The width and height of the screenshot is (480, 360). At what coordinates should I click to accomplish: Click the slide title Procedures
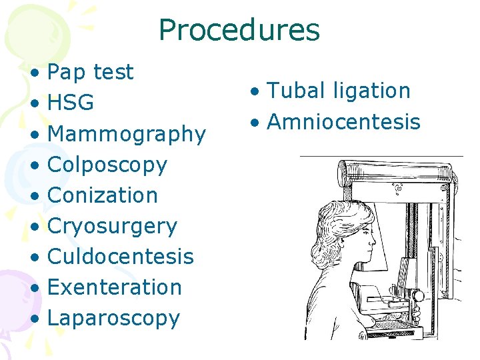click(x=239, y=31)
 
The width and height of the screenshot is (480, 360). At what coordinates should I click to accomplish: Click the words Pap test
click(x=91, y=72)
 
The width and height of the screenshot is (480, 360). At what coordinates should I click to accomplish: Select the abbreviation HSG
click(x=71, y=103)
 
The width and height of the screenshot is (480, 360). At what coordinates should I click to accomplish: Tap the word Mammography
click(x=127, y=134)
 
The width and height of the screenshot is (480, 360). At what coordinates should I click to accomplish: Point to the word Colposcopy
click(x=107, y=165)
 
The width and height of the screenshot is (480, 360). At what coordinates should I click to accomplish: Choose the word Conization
click(x=103, y=195)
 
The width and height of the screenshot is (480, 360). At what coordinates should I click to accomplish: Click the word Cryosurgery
click(x=112, y=226)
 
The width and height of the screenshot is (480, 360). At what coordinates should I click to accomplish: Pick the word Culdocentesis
click(x=121, y=257)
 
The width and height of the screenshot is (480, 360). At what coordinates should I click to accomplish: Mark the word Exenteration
click(x=115, y=287)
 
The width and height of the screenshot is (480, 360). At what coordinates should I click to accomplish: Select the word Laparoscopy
click(x=114, y=318)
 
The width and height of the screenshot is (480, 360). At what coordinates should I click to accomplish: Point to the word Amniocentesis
click(x=343, y=122)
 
